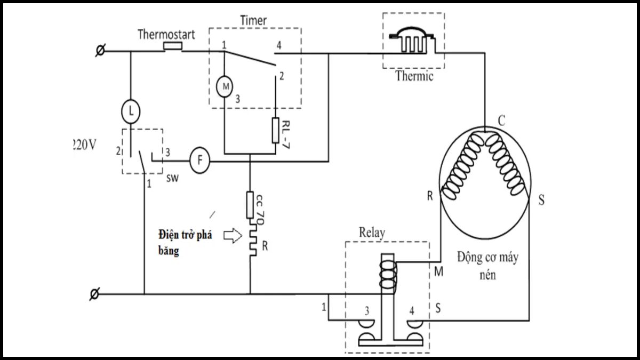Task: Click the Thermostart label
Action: (166, 35)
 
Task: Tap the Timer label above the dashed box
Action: (253, 20)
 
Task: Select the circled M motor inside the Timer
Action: (224, 85)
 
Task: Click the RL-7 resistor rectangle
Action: (276, 130)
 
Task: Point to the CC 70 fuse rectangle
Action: (250, 205)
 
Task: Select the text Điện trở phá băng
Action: (185, 243)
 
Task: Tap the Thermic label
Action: (414, 76)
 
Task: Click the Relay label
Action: (372, 233)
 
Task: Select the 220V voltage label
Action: (84, 145)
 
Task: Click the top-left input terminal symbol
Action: (99, 51)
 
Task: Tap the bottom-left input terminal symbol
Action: (94, 294)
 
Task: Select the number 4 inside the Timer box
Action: (278, 46)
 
